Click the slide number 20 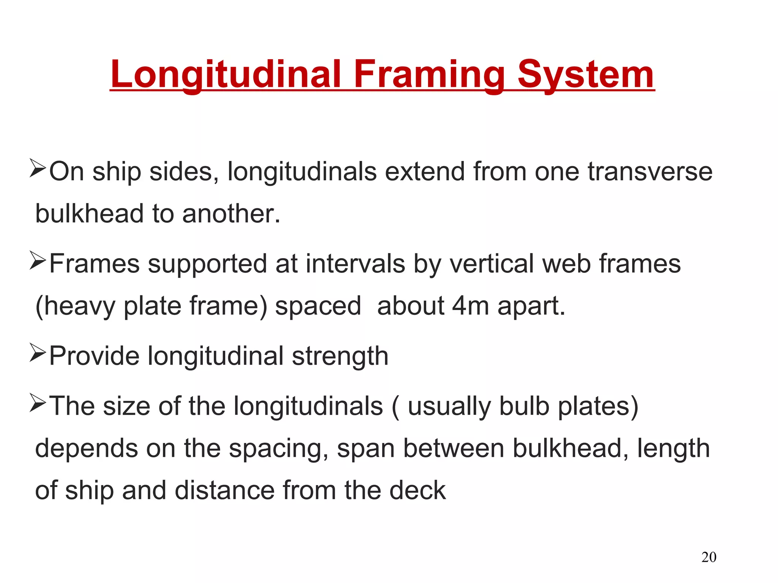pos(708,557)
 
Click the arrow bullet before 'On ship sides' pos(38,169)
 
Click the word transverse pos(650,172)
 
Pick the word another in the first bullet pos(231,214)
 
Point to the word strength pos(340,356)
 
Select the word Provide pos(94,356)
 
